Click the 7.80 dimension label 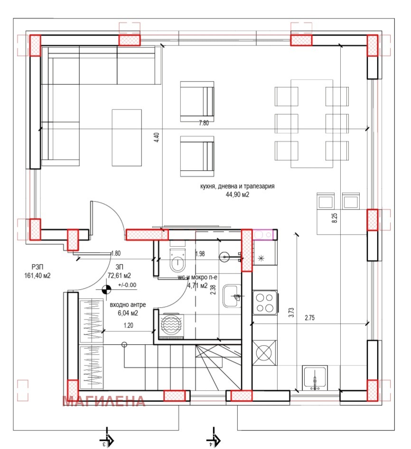tap(203, 123)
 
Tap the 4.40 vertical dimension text tap(157, 138)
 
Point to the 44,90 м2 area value tap(237, 194)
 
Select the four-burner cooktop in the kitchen tap(264, 302)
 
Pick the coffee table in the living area tap(127, 137)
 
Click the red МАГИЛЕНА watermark tap(104, 401)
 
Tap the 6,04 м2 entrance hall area tap(124, 313)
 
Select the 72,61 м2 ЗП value tap(119, 275)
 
